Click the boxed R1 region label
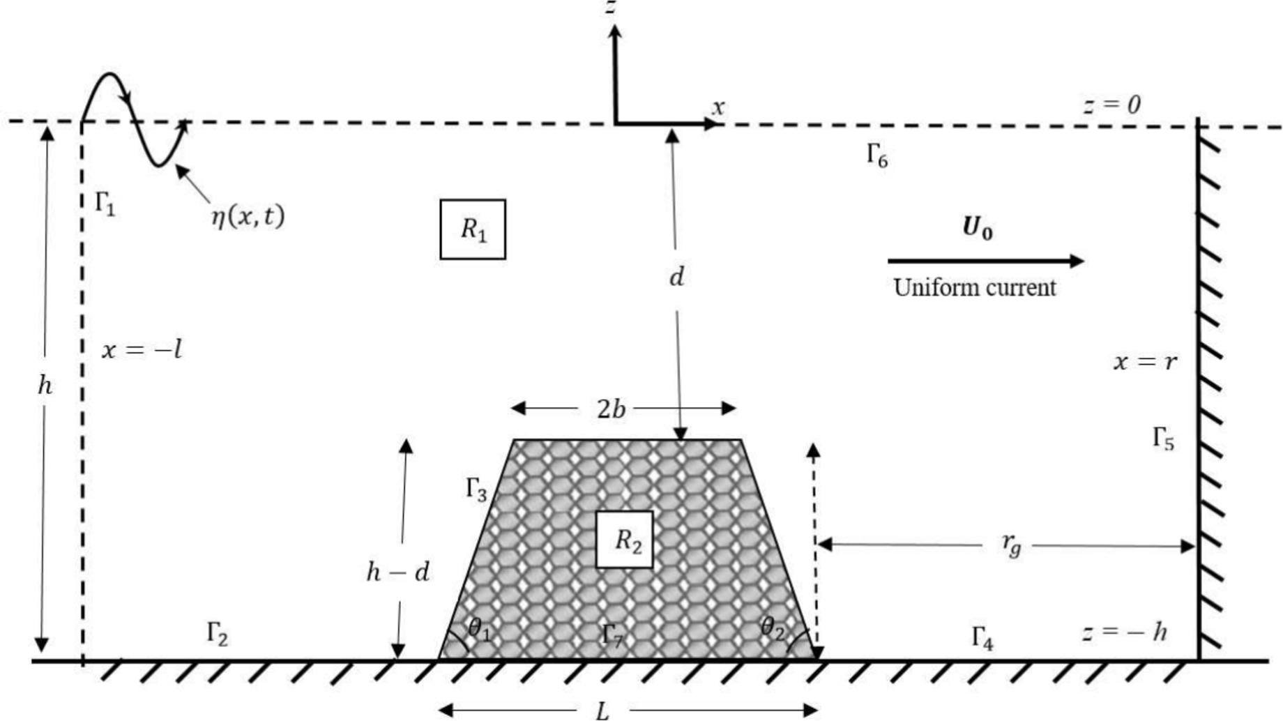coord(473,229)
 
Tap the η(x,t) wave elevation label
coord(248,217)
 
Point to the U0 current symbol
coord(976,228)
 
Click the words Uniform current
coord(975,287)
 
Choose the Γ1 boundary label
coord(105,203)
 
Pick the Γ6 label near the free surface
coord(877,155)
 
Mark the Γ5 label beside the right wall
coord(1163,439)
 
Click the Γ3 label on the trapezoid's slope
coord(476,489)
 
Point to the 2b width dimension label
coord(611,409)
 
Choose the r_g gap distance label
coord(1011,545)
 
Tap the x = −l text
coord(142,349)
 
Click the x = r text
coord(1145,361)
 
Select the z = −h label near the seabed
coord(1123,632)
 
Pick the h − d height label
coord(397,572)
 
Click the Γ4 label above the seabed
coord(982,637)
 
